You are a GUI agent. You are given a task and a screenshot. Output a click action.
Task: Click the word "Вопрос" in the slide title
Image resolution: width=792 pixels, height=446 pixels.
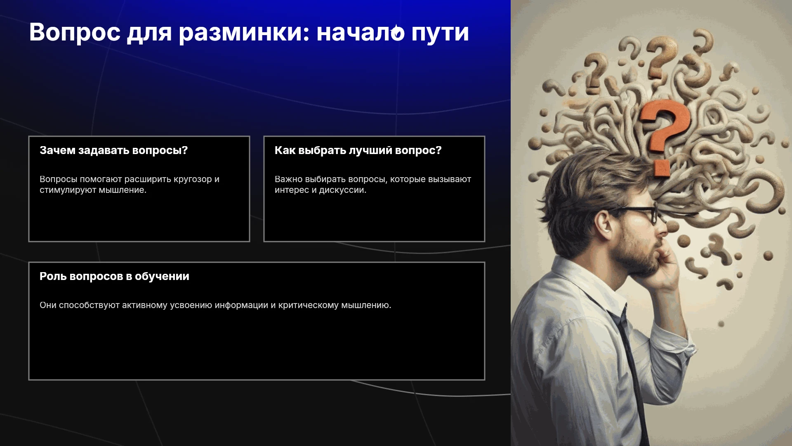(x=75, y=33)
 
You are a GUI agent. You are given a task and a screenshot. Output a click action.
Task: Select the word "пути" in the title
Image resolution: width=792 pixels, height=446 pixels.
(x=440, y=33)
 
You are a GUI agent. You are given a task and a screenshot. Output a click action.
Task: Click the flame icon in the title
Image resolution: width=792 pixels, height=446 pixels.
(x=397, y=32)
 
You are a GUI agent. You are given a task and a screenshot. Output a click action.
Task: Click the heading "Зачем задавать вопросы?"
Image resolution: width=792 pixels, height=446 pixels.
(x=113, y=150)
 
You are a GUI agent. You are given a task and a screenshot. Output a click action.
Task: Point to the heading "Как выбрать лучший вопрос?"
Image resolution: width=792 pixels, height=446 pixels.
(x=358, y=150)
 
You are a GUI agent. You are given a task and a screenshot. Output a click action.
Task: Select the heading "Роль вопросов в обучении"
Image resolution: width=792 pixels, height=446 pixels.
(x=114, y=276)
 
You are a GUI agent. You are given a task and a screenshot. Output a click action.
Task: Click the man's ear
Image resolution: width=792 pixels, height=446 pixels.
(x=603, y=225)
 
